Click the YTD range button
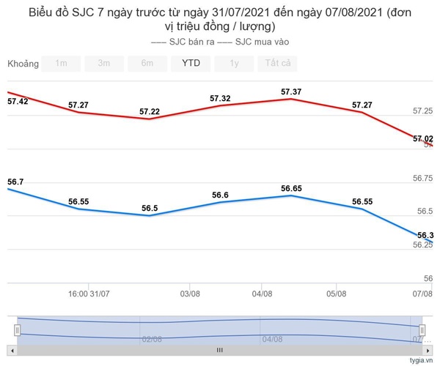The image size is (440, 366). coord(191,63)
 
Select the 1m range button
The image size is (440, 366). coord(61,63)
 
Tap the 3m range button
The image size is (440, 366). coord(104,63)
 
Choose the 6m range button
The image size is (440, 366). coord(147,63)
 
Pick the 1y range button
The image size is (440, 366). coord(234,63)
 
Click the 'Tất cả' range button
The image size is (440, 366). coord(277,63)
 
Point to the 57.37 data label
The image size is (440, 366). coord(291,91)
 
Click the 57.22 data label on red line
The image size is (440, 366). coord(150,111)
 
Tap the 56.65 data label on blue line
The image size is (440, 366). coord(291,189)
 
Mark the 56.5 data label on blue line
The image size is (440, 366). coord(150,209)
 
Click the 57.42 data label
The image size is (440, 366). coord(17,101)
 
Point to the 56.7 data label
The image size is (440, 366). coord(15,182)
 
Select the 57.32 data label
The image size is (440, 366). coord(220,98)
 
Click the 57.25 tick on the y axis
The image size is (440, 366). coord(423,111)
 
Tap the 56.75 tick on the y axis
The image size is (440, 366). coord(423,178)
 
